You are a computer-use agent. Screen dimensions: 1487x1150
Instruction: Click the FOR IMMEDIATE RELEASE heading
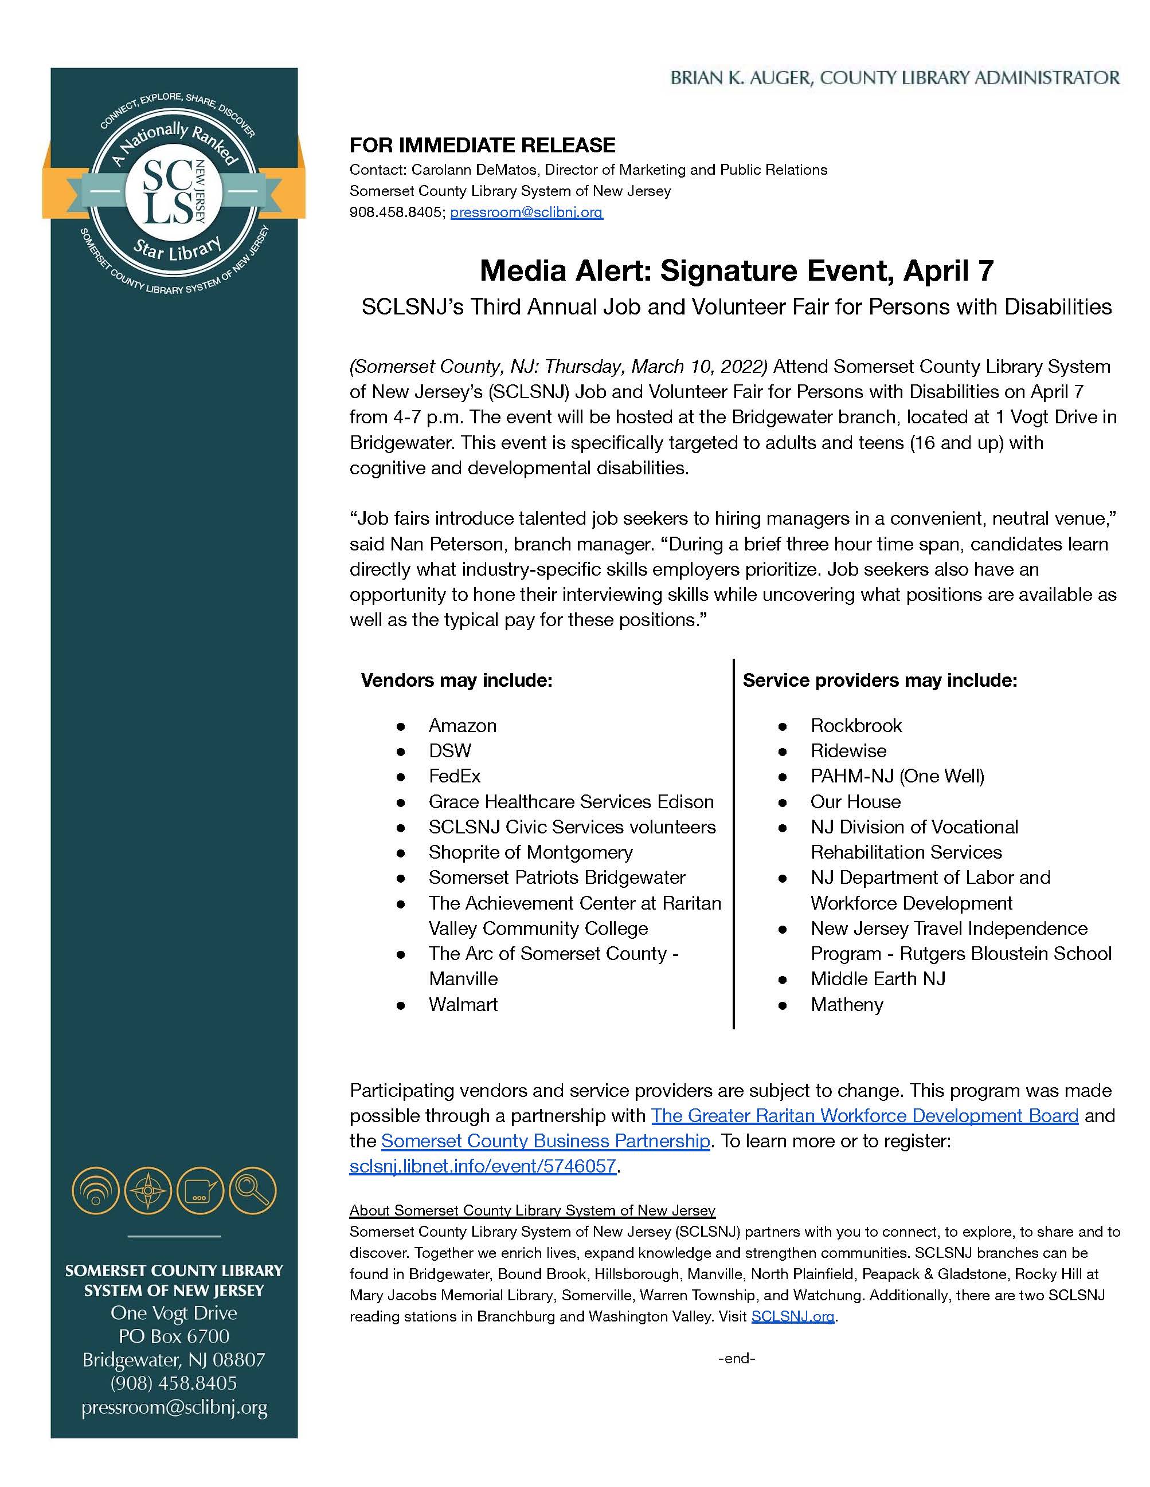(x=482, y=145)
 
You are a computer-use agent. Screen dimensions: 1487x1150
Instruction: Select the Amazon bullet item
(x=462, y=725)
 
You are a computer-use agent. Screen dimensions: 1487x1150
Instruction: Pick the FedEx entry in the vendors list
(x=455, y=776)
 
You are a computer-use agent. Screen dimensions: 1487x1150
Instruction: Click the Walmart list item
(x=463, y=1004)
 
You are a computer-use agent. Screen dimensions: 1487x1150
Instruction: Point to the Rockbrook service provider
(x=856, y=725)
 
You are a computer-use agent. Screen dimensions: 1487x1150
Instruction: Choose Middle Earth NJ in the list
(x=878, y=978)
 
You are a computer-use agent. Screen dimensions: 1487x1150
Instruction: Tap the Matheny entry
(x=846, y=1004)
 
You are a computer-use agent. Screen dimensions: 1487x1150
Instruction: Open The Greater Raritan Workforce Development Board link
(x=865, y=1115)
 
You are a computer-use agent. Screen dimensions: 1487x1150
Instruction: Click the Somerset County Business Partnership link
(x=545, y=1140)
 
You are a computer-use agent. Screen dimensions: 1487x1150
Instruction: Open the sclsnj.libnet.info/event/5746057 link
(x=482, y=1166)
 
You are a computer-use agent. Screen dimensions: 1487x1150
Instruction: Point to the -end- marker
(x=737, y=1358)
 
